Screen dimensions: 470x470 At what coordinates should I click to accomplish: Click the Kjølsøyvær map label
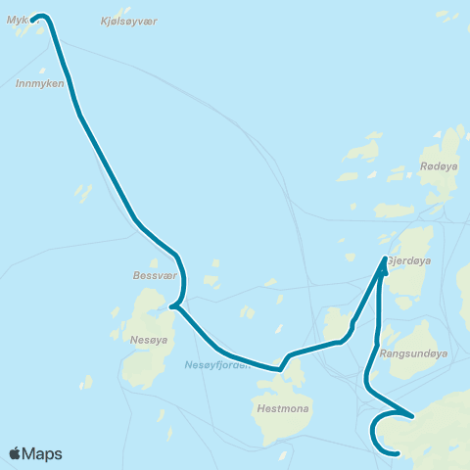coord(128,21)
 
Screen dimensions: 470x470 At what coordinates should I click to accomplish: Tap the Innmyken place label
coord(40,83)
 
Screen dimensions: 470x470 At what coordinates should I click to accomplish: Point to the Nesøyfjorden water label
coord(217,365)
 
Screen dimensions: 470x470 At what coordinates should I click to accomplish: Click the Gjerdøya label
coord(409,261)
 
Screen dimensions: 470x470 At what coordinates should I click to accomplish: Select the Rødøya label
coord(438,166)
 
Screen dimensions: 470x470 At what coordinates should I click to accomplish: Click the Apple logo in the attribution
coord(15,453)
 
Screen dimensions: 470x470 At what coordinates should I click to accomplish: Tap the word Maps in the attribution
coord(42,453)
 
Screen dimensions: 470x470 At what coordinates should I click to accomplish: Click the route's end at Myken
coord(34,19)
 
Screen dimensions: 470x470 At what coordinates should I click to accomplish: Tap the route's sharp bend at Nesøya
coord(172,306)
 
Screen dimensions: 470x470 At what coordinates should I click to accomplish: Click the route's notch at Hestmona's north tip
coord(280,369)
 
